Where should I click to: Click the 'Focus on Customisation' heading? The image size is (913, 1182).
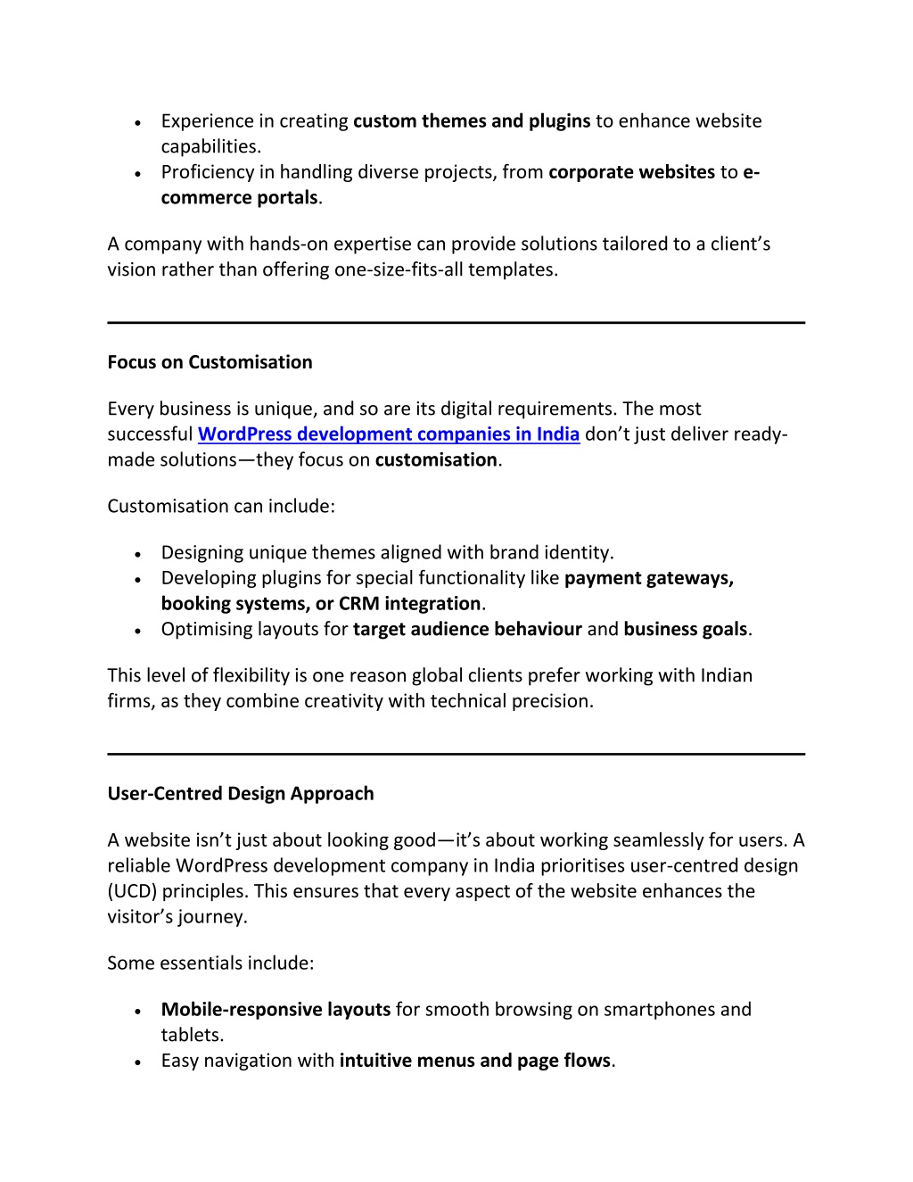[210, 362]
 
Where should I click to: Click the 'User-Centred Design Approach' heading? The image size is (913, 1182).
[241, 794]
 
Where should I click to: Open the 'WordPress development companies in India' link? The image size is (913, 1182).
[389, 434]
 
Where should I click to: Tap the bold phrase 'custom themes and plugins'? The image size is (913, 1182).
[472, 121]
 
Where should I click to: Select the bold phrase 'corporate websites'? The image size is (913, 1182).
[631, 172]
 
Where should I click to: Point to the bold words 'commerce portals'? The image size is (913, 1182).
[239, 198]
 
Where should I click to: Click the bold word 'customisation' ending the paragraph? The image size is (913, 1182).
[436, 460]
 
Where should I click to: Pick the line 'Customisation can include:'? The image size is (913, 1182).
[221, 507]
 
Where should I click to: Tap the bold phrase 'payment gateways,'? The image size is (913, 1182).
[649, 578]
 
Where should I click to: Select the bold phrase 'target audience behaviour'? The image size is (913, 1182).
[467, 630]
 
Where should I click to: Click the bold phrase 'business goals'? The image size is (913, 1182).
[685, 630]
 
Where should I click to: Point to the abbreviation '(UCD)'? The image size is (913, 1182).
[134, 891]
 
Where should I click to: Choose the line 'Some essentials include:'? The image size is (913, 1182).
[210, 963]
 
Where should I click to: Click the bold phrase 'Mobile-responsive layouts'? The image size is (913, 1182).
[276, 1010]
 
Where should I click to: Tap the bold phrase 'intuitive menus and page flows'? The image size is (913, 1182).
[474, 1061]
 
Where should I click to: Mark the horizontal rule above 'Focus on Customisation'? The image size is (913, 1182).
[456, 323]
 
